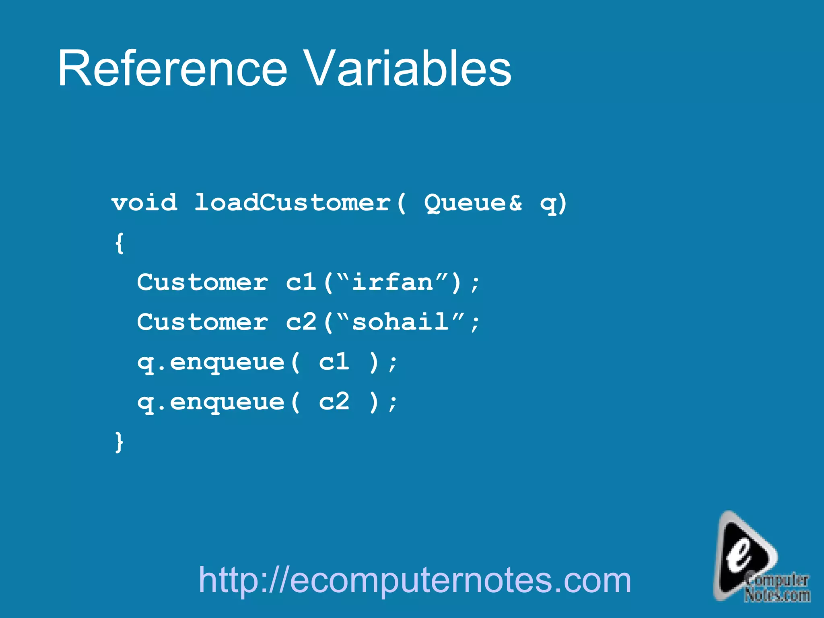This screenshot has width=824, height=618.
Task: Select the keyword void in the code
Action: [x=144, y=202]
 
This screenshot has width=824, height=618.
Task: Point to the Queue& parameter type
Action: [x=473, y=202]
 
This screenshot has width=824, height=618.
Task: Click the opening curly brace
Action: [x=119, y=243]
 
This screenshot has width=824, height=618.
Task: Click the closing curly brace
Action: [x=119, y=442]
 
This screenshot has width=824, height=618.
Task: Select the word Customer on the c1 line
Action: [x=202, y=282]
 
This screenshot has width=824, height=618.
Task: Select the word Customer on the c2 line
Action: [x=202, y=322]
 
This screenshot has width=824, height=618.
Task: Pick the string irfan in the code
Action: [x=392, y=282]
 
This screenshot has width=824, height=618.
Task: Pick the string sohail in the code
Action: [x=400, y=322]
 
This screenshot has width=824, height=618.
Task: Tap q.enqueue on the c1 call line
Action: [x=211, y=363]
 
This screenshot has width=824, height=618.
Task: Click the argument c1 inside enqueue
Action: [x=334, y=362]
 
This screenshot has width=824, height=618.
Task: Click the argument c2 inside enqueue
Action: [x=334, y=402]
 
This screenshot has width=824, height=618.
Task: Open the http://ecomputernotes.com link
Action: [x=415, y=580]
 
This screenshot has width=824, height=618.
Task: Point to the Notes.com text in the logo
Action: [x=777, y=595]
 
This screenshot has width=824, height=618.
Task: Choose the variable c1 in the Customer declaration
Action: [x=301, y=282]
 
